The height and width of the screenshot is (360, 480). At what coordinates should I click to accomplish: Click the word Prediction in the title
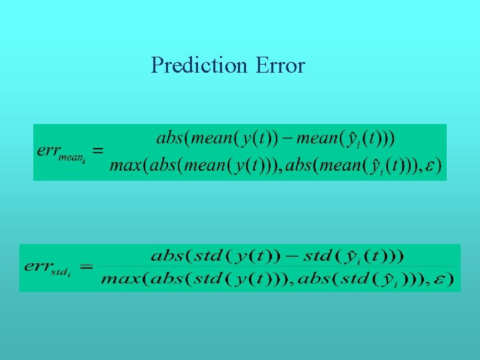click(199, 65)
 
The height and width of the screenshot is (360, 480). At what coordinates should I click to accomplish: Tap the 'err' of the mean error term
click(48, 150)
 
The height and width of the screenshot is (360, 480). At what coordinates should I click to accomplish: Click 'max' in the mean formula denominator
click(124, 165)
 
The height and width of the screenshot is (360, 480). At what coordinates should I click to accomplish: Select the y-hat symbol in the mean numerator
click(347, 138)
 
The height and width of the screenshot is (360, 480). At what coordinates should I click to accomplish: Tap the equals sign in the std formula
click(86, 267)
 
